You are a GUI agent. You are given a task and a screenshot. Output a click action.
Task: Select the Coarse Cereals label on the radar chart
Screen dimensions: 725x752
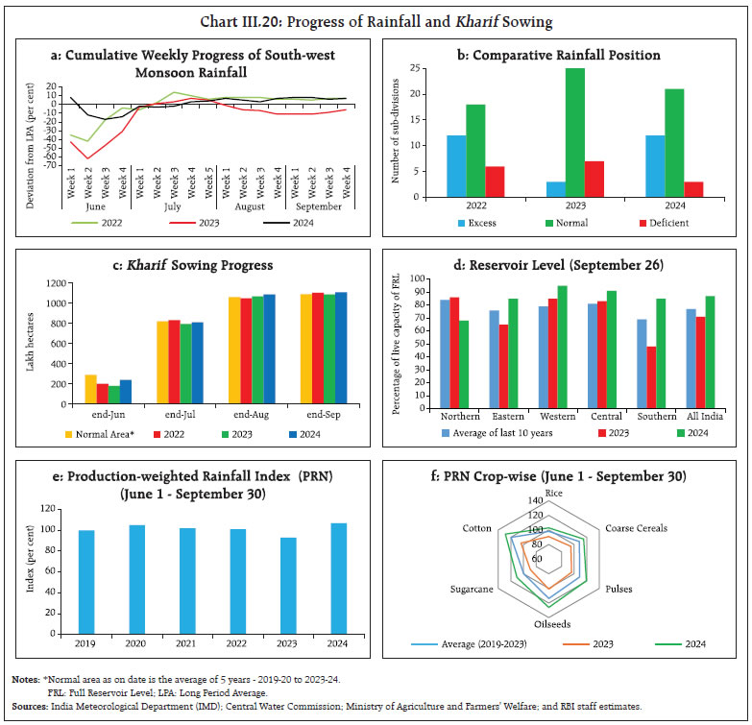pyautogui.click(x=635, y=527)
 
